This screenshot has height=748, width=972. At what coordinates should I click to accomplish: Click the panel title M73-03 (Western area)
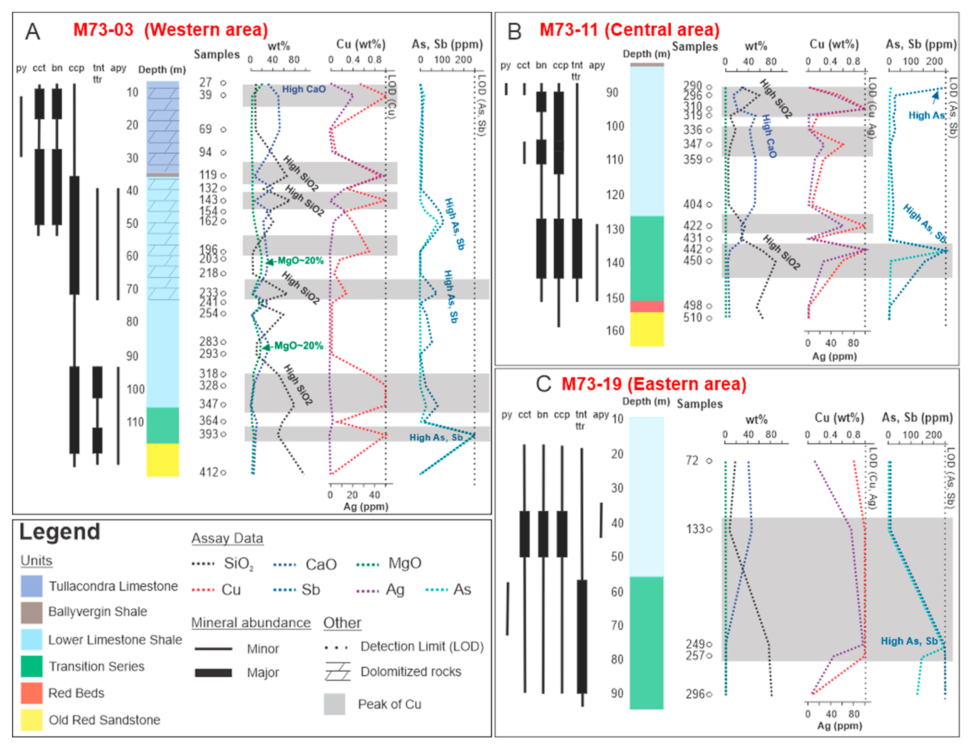tap(170, 30)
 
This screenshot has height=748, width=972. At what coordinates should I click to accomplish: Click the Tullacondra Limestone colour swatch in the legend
tap(32, 586)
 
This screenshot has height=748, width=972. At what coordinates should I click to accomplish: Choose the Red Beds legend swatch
tap(32, 693)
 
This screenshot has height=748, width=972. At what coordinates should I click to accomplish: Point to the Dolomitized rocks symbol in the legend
tap(337, 671)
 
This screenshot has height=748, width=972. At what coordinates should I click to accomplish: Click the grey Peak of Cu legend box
tap(334, 704)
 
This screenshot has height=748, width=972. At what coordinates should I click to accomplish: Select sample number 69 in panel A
tap(205, 129)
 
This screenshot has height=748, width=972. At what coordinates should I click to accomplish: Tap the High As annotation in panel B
tap(926, 115)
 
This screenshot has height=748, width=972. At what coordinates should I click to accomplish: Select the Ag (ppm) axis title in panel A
tap(366, 507)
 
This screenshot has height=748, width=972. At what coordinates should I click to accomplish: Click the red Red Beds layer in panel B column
tap(647, 306)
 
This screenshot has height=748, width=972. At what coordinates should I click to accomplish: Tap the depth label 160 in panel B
tap(615, 330)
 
